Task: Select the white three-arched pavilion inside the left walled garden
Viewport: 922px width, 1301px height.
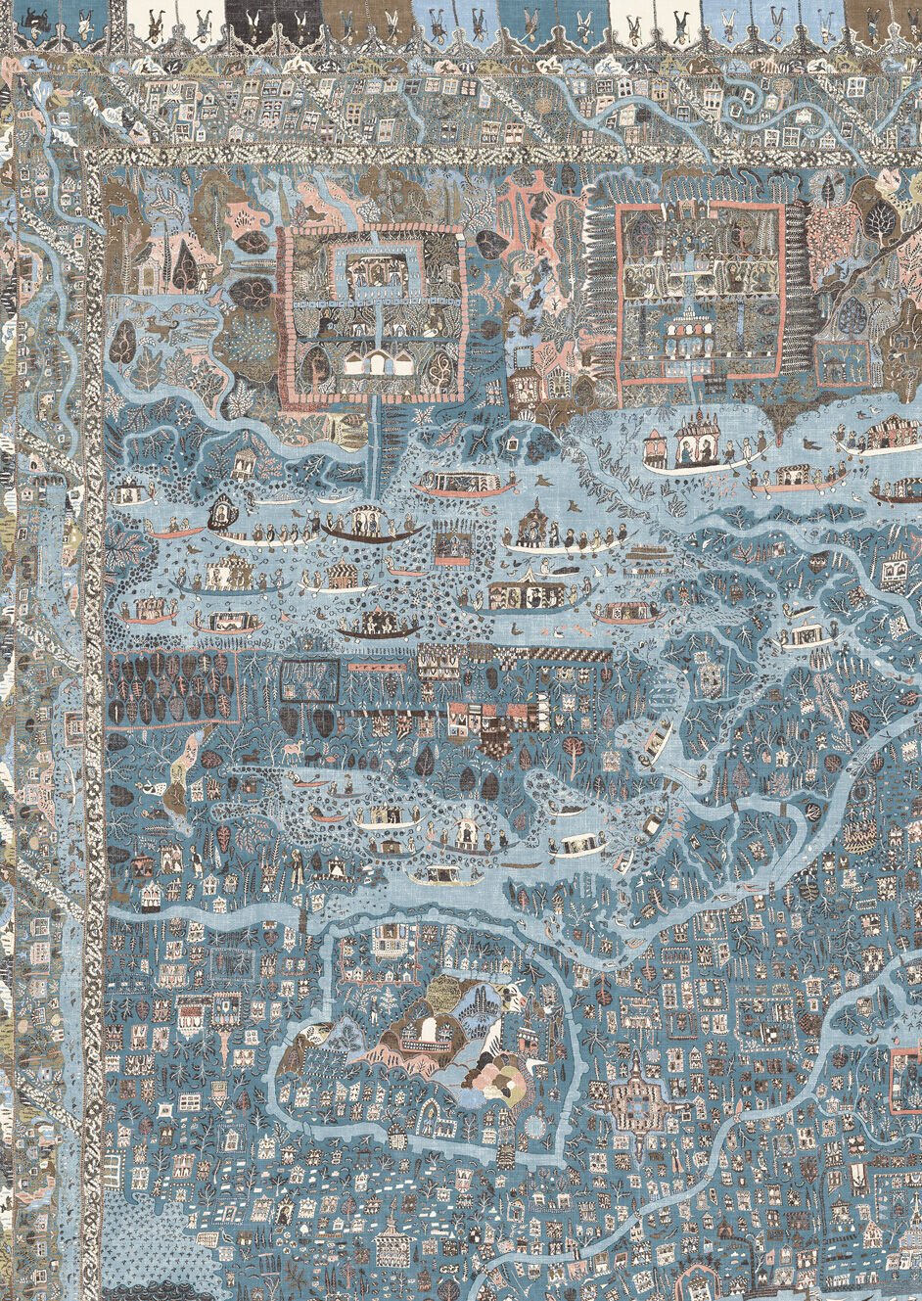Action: [x=374, y=363]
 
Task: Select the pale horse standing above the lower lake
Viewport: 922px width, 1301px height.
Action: [x=294, y=752]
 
